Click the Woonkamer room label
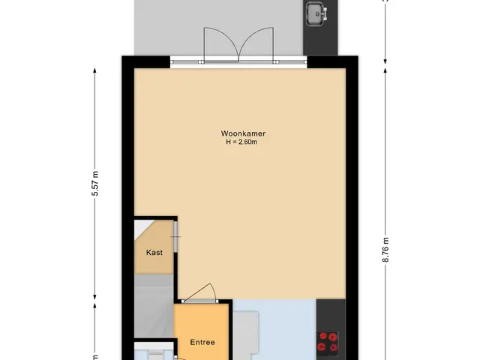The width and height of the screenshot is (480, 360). (243, 133)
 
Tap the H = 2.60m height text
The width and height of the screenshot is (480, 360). (241, 142)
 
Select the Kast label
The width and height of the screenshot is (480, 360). (154, 253)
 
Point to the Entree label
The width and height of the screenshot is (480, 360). (202, 342)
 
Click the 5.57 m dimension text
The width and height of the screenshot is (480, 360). (95, 183)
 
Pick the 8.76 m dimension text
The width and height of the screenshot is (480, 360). (385, 250)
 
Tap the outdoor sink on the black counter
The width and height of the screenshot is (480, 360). (317, 13)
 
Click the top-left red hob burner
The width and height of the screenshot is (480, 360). (323, 337)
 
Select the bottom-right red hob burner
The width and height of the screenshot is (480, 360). (333, 346)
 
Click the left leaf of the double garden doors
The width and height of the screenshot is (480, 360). (221, 45)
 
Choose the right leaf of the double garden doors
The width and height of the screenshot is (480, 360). (256, 45)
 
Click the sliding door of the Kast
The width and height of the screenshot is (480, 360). (176, 236)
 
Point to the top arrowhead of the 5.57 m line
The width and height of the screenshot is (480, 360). (95, 70)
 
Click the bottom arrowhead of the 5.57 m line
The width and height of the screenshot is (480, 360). (95, 297)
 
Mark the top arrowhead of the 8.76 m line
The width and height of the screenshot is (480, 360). (385, 70)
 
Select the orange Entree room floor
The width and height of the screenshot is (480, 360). (202, 331)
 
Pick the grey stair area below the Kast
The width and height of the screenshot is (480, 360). (154, 306)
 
